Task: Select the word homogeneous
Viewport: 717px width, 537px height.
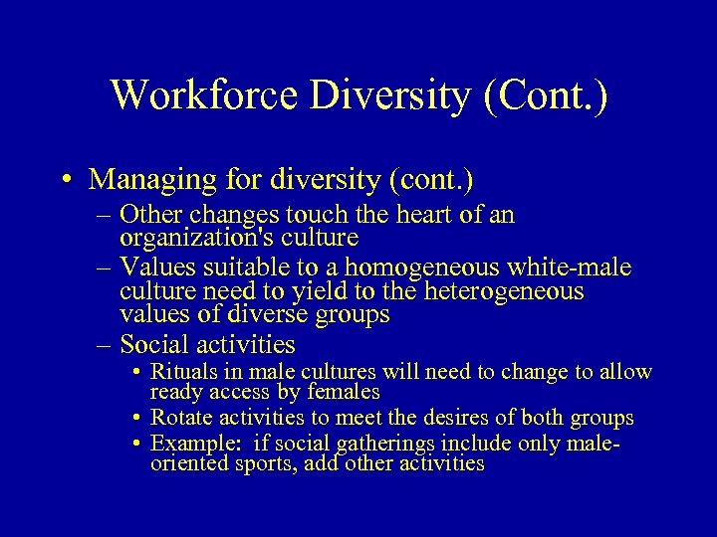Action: [424, 268]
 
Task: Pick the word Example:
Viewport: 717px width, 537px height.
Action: [190, 444]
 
